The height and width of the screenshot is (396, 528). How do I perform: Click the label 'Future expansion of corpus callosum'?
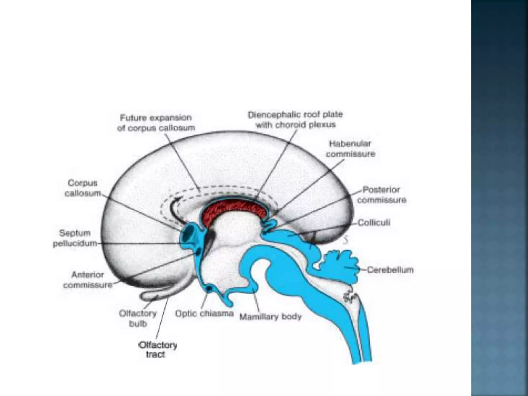pos(156,123)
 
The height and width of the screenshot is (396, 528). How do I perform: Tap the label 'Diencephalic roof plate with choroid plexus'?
pos(295,120)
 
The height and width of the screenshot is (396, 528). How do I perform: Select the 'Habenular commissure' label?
pos(350,149)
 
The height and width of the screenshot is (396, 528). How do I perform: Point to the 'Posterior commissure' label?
pos(381,195)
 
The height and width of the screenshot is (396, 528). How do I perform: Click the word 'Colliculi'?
pos(374,222)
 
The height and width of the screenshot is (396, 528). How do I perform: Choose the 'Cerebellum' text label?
pos(390,270)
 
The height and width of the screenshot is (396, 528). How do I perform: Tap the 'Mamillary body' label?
pos(270,317)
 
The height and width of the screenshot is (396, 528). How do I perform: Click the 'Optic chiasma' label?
pos(204,314)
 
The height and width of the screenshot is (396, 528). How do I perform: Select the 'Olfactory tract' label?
pos(158,350)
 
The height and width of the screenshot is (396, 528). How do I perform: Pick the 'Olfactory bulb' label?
pos(138,319)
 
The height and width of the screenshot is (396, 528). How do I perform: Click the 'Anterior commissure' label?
pos(88,280)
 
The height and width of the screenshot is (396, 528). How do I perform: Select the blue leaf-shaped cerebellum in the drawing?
pos(340,266)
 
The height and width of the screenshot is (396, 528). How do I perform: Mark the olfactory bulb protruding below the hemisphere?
pos(152,295)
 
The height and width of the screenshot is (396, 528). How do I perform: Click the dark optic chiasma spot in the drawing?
pos(210,288)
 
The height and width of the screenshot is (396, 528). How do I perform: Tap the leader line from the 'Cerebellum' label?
pos(362,270)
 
